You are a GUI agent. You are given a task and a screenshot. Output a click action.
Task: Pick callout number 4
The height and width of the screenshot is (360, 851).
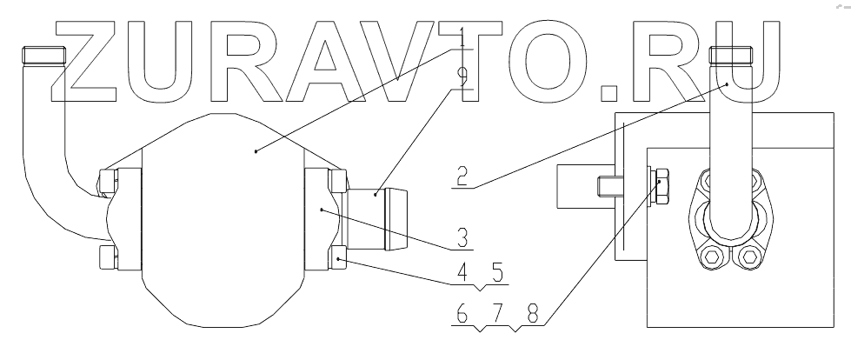point(463,271)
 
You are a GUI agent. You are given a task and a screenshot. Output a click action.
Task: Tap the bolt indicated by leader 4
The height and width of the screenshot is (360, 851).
point(337,257)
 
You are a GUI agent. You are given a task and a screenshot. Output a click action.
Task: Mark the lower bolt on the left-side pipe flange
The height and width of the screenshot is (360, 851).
point(108,257)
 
